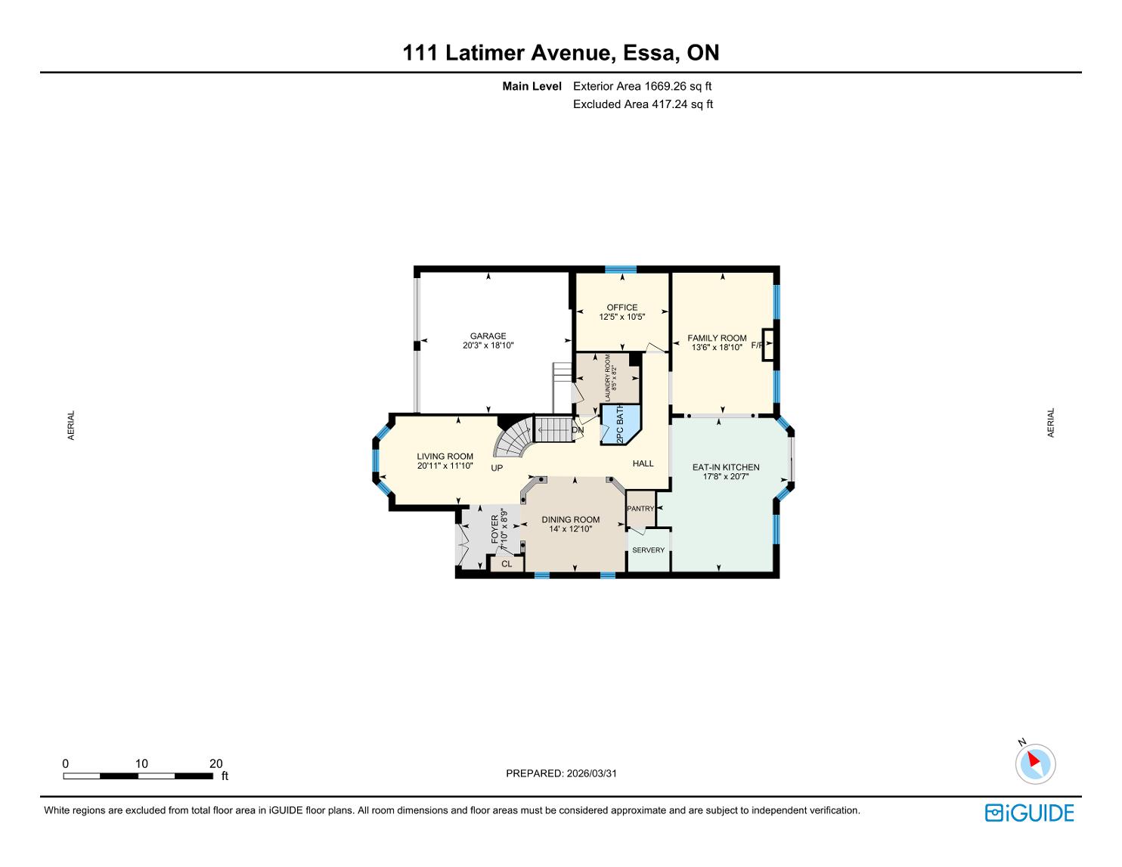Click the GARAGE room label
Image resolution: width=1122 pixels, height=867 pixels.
(x=488, y=336)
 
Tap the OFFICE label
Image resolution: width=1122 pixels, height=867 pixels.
(x=622, y=308)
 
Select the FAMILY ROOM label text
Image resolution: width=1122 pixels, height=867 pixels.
(x=717, y=338)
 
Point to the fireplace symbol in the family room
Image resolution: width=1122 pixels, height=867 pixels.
(x=768, y=344)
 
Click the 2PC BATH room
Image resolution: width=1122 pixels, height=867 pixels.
(x=620, y=424)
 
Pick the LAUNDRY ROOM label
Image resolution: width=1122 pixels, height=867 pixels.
(x=607, y=377)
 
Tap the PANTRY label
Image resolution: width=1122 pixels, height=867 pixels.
(x=640, y=508)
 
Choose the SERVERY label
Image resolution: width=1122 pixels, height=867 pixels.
(x=649, y=550)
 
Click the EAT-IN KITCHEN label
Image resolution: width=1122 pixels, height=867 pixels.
(x=726, y=467)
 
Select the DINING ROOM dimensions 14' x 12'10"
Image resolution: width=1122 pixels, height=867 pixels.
(x=570, y=529)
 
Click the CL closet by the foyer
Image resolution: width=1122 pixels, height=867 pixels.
(x=507, y=564)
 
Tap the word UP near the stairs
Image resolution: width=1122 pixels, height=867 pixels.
(x=497, y=468)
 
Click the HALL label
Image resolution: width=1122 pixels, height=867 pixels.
(x=643, y=463)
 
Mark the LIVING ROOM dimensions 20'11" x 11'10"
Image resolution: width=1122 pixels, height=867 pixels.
(x=445, y=466)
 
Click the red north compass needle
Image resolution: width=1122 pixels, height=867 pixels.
(x=1034, y=759)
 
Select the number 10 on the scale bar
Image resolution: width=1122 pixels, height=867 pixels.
(x=141, y=763)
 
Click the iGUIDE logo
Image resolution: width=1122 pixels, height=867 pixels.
(x=1030, y=813)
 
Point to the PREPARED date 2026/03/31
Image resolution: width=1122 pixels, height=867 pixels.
(x=592, y=773)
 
